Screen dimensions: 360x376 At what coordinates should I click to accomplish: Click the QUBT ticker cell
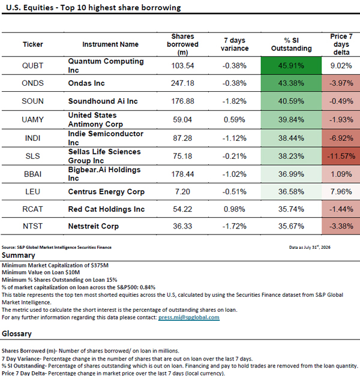pos(32,65)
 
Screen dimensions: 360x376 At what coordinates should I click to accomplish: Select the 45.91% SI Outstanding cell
pos(291,65)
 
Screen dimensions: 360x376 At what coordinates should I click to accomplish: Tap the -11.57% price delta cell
pos(341,156)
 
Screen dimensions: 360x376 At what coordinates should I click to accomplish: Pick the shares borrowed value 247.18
pos(182,83)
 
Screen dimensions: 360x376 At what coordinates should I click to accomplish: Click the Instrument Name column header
pos(110,44)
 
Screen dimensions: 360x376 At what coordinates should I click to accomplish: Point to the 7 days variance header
pos(235,44)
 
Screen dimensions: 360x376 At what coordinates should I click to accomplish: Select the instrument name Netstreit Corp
pos(94,226)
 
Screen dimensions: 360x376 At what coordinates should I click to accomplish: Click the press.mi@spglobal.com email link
pos(189,317)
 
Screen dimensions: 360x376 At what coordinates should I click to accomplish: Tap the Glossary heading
pos(17,333)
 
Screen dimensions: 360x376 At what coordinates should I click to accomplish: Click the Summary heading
pos(18,255)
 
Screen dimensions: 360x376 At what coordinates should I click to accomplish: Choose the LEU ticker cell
pos(32,191)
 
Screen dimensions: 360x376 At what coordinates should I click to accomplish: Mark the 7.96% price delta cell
pos(341,191)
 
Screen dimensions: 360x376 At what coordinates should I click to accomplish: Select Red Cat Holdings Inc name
pos(106,209)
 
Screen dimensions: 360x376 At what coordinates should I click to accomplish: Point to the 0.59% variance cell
pos(234,120)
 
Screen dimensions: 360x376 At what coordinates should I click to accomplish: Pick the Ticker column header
pos(32,44)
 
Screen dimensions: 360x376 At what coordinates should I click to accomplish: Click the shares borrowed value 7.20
pos(182,191)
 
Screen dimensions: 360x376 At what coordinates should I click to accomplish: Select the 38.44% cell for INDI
pos(291,138)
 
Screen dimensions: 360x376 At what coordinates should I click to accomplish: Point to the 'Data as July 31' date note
pos(310,247)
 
